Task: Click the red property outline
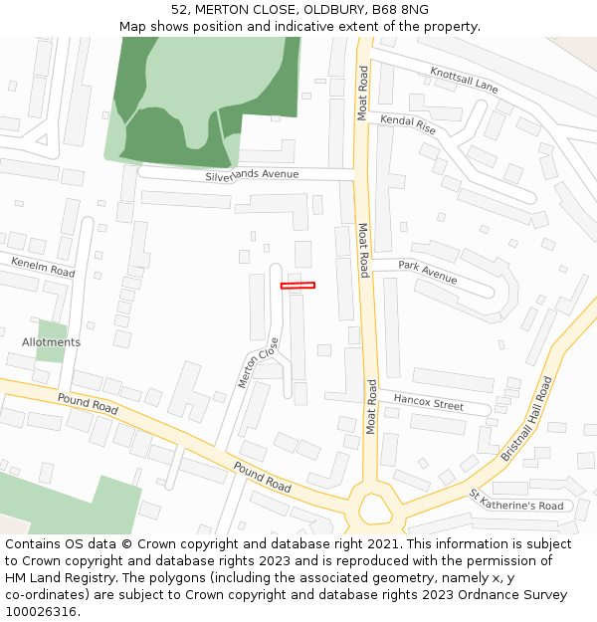click(x=298, y=286)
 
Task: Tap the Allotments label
click(x=52, y=342)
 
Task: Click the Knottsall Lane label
click(x=464, y=81)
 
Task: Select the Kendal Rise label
click(x=408, y=124)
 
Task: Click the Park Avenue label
click(x=427, y=272)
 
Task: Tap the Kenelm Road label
click(x=43, y=267)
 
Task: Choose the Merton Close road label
click(x=259, y=362)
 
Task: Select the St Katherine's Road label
click(x=516, y=501)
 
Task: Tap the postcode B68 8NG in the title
click(x=401, y=9)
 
